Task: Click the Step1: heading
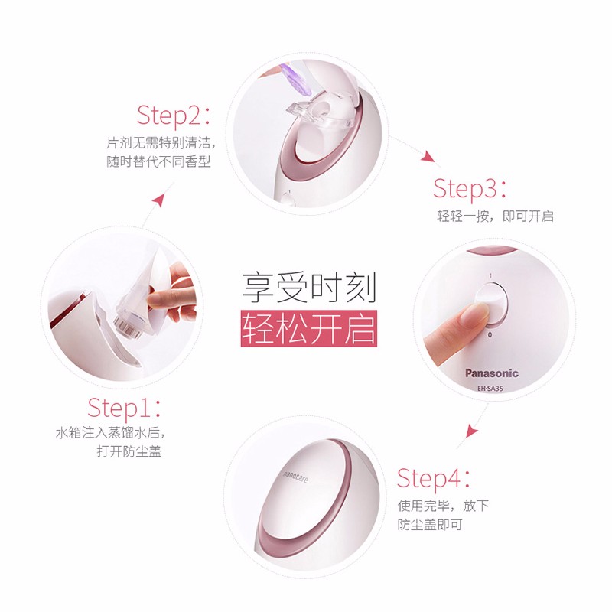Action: [124, 409]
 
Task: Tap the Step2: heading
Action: [174, 116]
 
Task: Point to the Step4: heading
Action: [434, 479]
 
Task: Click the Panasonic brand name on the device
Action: [491, 373]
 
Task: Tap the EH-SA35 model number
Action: [490, 389]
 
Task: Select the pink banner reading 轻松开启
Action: [309, 329]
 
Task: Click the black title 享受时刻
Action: [309, 288]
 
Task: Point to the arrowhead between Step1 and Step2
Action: [158, 200]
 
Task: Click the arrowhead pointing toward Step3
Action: [428, 156]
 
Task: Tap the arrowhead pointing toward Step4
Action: [471, 431]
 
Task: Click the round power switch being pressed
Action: [491, 304]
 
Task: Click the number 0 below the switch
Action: [490, 335]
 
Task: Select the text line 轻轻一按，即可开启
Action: [495, 216]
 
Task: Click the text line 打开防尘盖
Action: [129, 451]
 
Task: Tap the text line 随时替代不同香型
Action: [158, 161]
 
